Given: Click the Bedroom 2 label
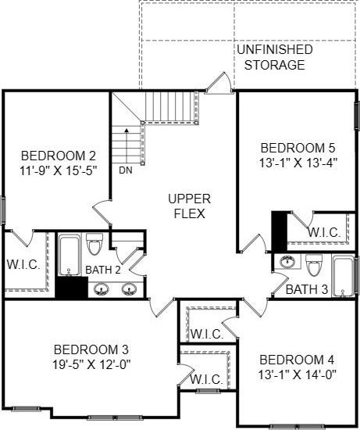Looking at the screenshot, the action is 59,156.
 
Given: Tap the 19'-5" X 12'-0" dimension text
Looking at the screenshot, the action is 91,365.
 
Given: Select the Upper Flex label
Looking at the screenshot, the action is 190,206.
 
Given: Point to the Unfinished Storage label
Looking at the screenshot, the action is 275,57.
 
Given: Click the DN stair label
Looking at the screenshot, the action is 126,170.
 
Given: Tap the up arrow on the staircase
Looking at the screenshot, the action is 127,146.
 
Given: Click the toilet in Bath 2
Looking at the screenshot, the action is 94,243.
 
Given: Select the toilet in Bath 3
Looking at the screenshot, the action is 314,265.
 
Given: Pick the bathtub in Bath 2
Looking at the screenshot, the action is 70,255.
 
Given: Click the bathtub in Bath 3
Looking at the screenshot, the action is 344,276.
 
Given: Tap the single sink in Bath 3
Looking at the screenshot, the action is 287,261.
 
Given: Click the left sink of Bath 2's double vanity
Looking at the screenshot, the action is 102,289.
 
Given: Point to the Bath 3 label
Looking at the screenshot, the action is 307,289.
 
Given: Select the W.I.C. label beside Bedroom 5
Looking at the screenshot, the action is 324,232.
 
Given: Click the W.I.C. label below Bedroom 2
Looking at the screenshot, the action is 23,264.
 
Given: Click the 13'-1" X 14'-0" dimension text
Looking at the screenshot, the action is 297,374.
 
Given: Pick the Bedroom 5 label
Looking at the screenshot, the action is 298,148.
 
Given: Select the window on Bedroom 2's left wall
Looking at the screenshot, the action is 3,210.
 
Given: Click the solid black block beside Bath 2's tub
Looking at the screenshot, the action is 72,287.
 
